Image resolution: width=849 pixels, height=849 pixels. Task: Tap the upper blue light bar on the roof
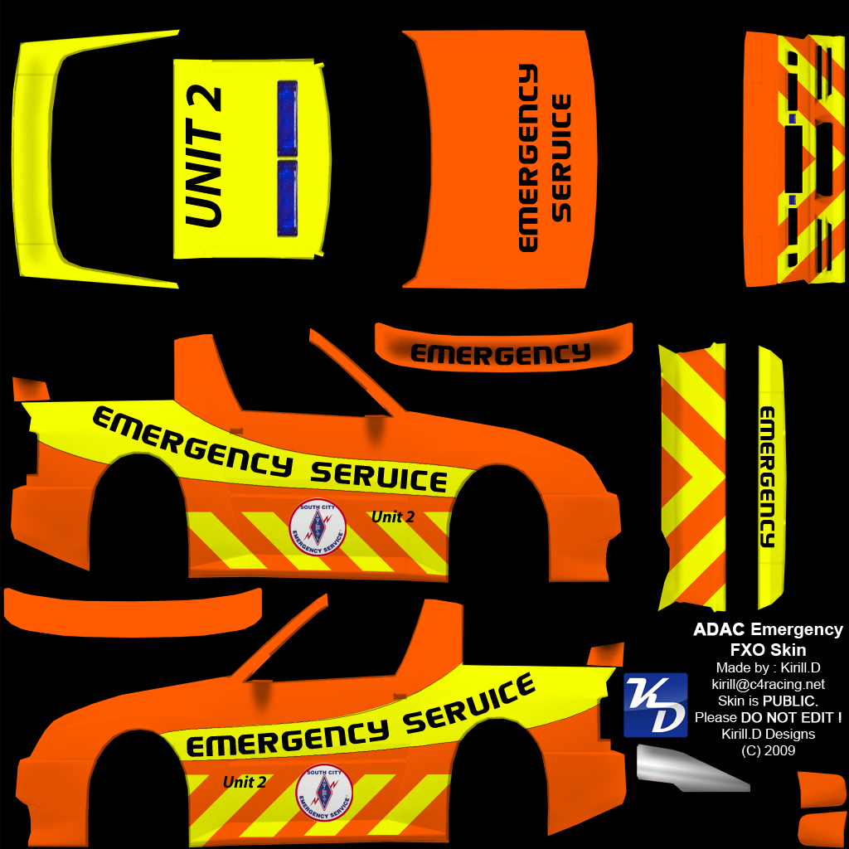pos(288,118)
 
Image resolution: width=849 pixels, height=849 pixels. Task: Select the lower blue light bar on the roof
pos(288,198)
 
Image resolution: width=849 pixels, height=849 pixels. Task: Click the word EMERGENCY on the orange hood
pos(527,158)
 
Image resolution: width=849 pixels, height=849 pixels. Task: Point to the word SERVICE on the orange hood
pos(562,158)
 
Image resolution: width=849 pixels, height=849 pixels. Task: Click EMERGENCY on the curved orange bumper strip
pos(501,354)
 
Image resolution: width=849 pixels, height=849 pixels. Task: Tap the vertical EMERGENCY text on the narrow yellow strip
pos(767,477)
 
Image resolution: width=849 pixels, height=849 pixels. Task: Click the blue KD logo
pos(655,705)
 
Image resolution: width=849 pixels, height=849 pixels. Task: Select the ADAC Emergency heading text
pos(768,630)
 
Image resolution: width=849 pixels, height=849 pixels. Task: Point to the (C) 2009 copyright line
pos(768,750)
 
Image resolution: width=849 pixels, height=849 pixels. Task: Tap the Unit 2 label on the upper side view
pos(393,517)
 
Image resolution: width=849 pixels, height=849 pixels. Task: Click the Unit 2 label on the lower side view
pos(245,782)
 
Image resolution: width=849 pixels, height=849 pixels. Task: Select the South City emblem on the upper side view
pos(317,527)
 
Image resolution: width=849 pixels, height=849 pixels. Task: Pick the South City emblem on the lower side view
pos(324,792)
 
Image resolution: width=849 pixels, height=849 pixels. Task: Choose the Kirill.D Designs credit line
pos(768,734)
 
